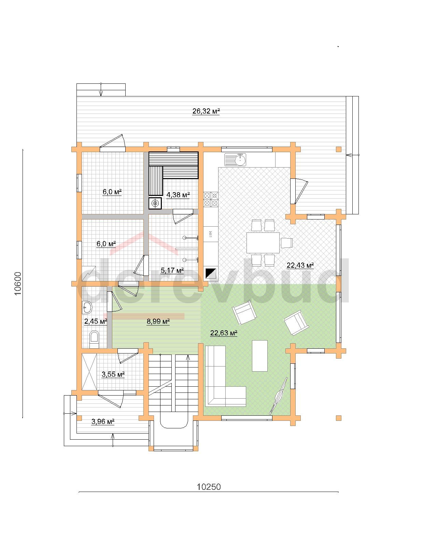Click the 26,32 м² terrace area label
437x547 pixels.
pos(206,111)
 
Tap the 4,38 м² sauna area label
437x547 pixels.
pos(178,195)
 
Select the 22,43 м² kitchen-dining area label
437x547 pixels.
pos(300,265)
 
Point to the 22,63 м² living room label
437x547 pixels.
pos(224,333)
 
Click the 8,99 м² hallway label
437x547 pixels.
pos(158,322)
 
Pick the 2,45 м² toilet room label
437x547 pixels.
pos(96,322)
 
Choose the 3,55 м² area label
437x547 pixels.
pos(113,374)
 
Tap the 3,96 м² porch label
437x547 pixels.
pos(103,422)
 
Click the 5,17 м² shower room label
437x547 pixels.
pos(172,270)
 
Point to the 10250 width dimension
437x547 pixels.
pos(209,487)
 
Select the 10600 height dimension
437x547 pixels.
pos(17,283)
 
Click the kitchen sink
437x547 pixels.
pos(235,159)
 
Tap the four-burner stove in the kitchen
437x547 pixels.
pos(211,199)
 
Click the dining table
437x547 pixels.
pos(263,243)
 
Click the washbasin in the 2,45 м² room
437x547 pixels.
pos(87,308)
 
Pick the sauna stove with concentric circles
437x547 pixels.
pos(155,203)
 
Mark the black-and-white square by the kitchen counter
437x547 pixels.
pos(211,273)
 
